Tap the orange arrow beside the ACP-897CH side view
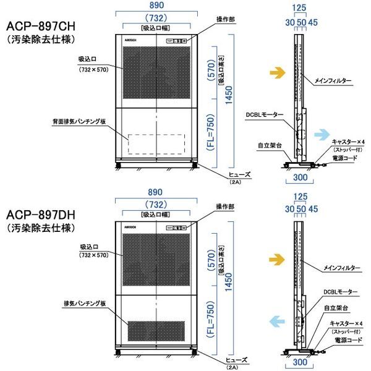[277, 73]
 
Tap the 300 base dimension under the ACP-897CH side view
[301, 177]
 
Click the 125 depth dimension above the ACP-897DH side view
[300, 198]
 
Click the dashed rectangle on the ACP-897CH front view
[157, 144]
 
